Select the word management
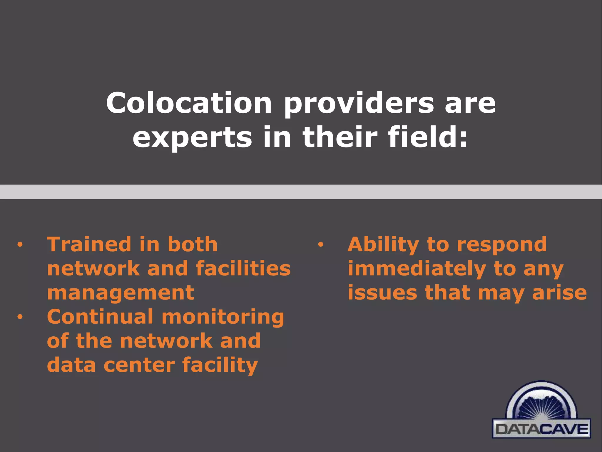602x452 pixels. [x=121, y=293]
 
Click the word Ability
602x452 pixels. [x=383, y=245]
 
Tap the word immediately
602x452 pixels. [x=417, y=269]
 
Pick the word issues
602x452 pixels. [x=382, y=293]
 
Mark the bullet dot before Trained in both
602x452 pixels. [x=20, y=245]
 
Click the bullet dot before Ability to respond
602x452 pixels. [x=320, y=245]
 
